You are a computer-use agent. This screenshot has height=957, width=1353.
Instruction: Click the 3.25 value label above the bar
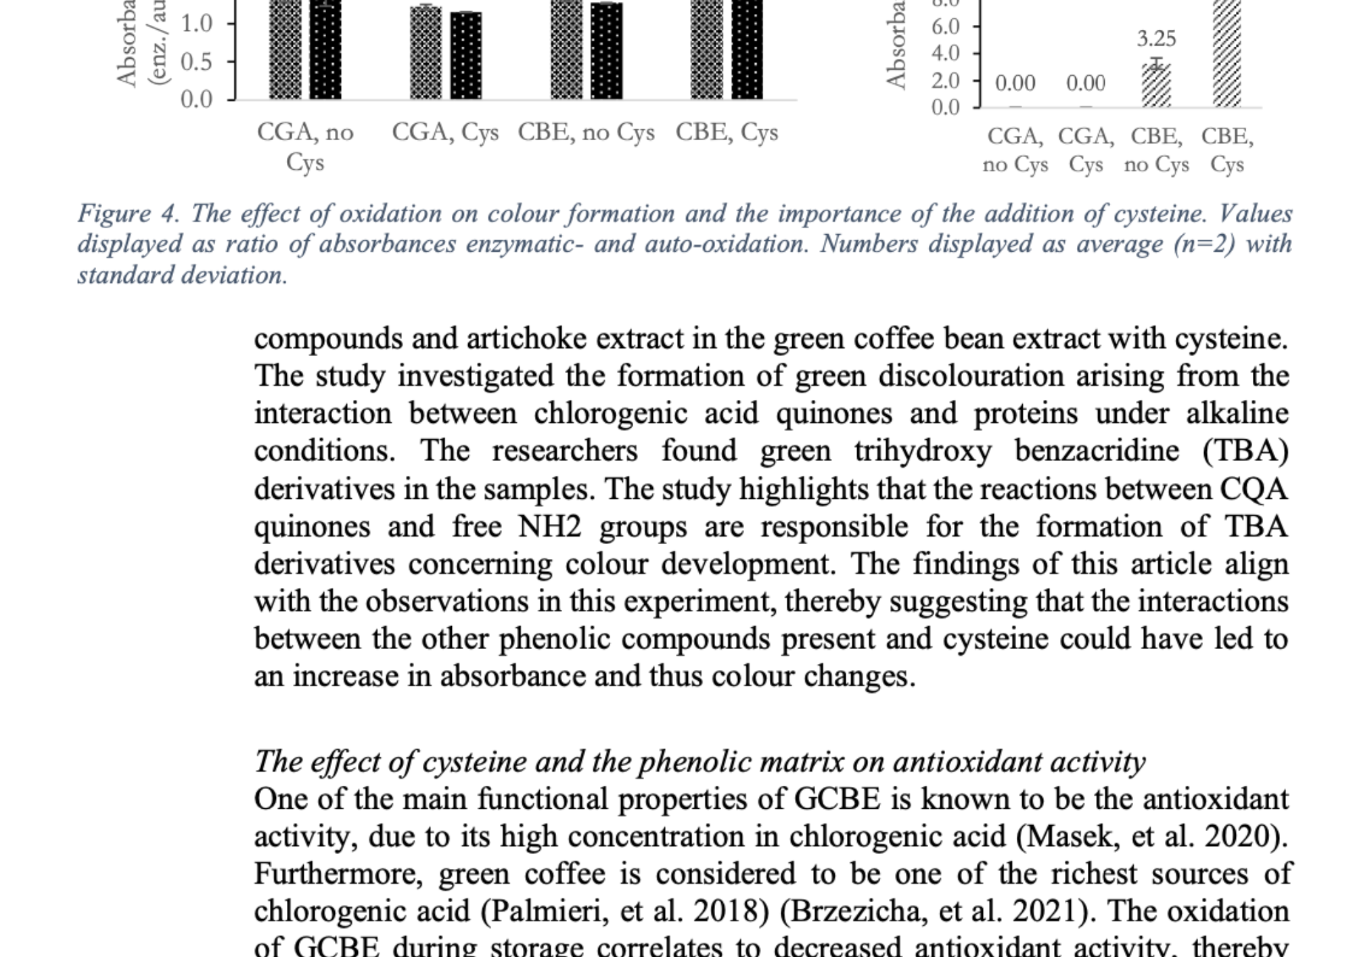(1156, 39)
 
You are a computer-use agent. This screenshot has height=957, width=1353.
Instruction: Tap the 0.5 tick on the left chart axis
(196, 62)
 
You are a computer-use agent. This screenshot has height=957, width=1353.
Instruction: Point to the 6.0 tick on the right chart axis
(945, 26)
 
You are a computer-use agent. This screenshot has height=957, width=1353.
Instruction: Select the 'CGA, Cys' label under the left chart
(445, 133)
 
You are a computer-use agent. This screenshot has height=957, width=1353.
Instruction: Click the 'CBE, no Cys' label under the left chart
(586, 133)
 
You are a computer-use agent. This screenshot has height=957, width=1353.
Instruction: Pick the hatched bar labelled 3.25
(1156, 85)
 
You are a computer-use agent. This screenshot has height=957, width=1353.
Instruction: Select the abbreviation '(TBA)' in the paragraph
(1245, 451)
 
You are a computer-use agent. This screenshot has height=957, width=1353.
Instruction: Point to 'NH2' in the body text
(549, 527)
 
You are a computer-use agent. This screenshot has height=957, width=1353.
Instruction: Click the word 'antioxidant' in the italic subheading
(967, 762)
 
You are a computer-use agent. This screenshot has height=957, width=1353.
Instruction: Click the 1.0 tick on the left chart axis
(196, 24)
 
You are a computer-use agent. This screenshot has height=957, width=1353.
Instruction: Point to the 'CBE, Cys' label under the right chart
(1227, 150)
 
